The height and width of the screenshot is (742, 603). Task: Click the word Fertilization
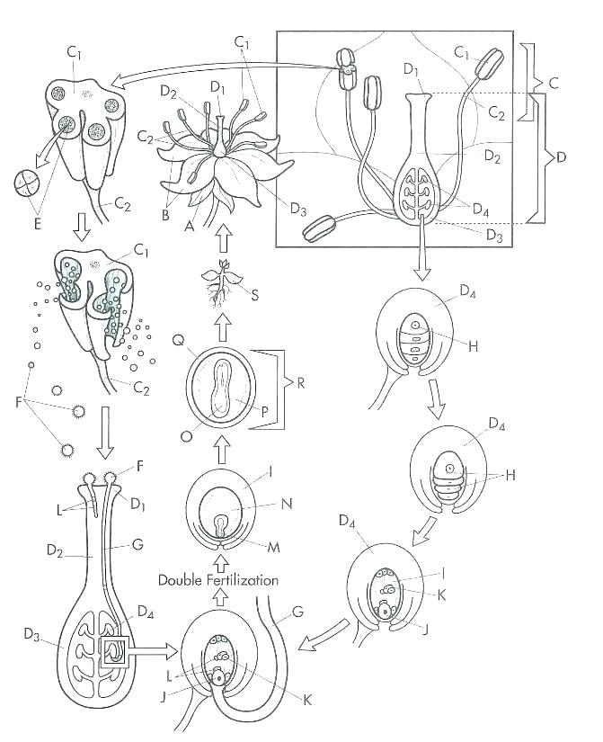tap(244, 580)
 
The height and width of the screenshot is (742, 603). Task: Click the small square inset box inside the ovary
tap(118, 648)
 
